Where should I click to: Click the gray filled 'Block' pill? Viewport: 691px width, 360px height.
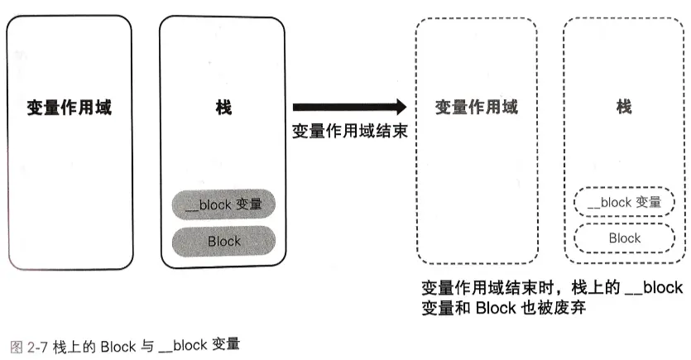pyautogui.click(x=223, y=241)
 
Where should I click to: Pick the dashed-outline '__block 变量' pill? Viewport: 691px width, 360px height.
pyautogui.click(x=625, y=202)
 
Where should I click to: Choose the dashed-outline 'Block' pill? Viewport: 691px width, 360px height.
pyautogui.click(x=625, y=238)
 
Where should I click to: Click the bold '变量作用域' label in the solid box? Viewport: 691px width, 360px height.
pyautogui.click(x=69, y=108)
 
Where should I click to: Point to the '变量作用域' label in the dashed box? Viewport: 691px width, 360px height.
pyautogui.click(x=477, y=108)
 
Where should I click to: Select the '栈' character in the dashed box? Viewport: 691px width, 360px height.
pyautogui.click(x=625, y=108)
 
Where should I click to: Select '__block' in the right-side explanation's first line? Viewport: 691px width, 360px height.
pyautogui.click(x=654, y=288)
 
